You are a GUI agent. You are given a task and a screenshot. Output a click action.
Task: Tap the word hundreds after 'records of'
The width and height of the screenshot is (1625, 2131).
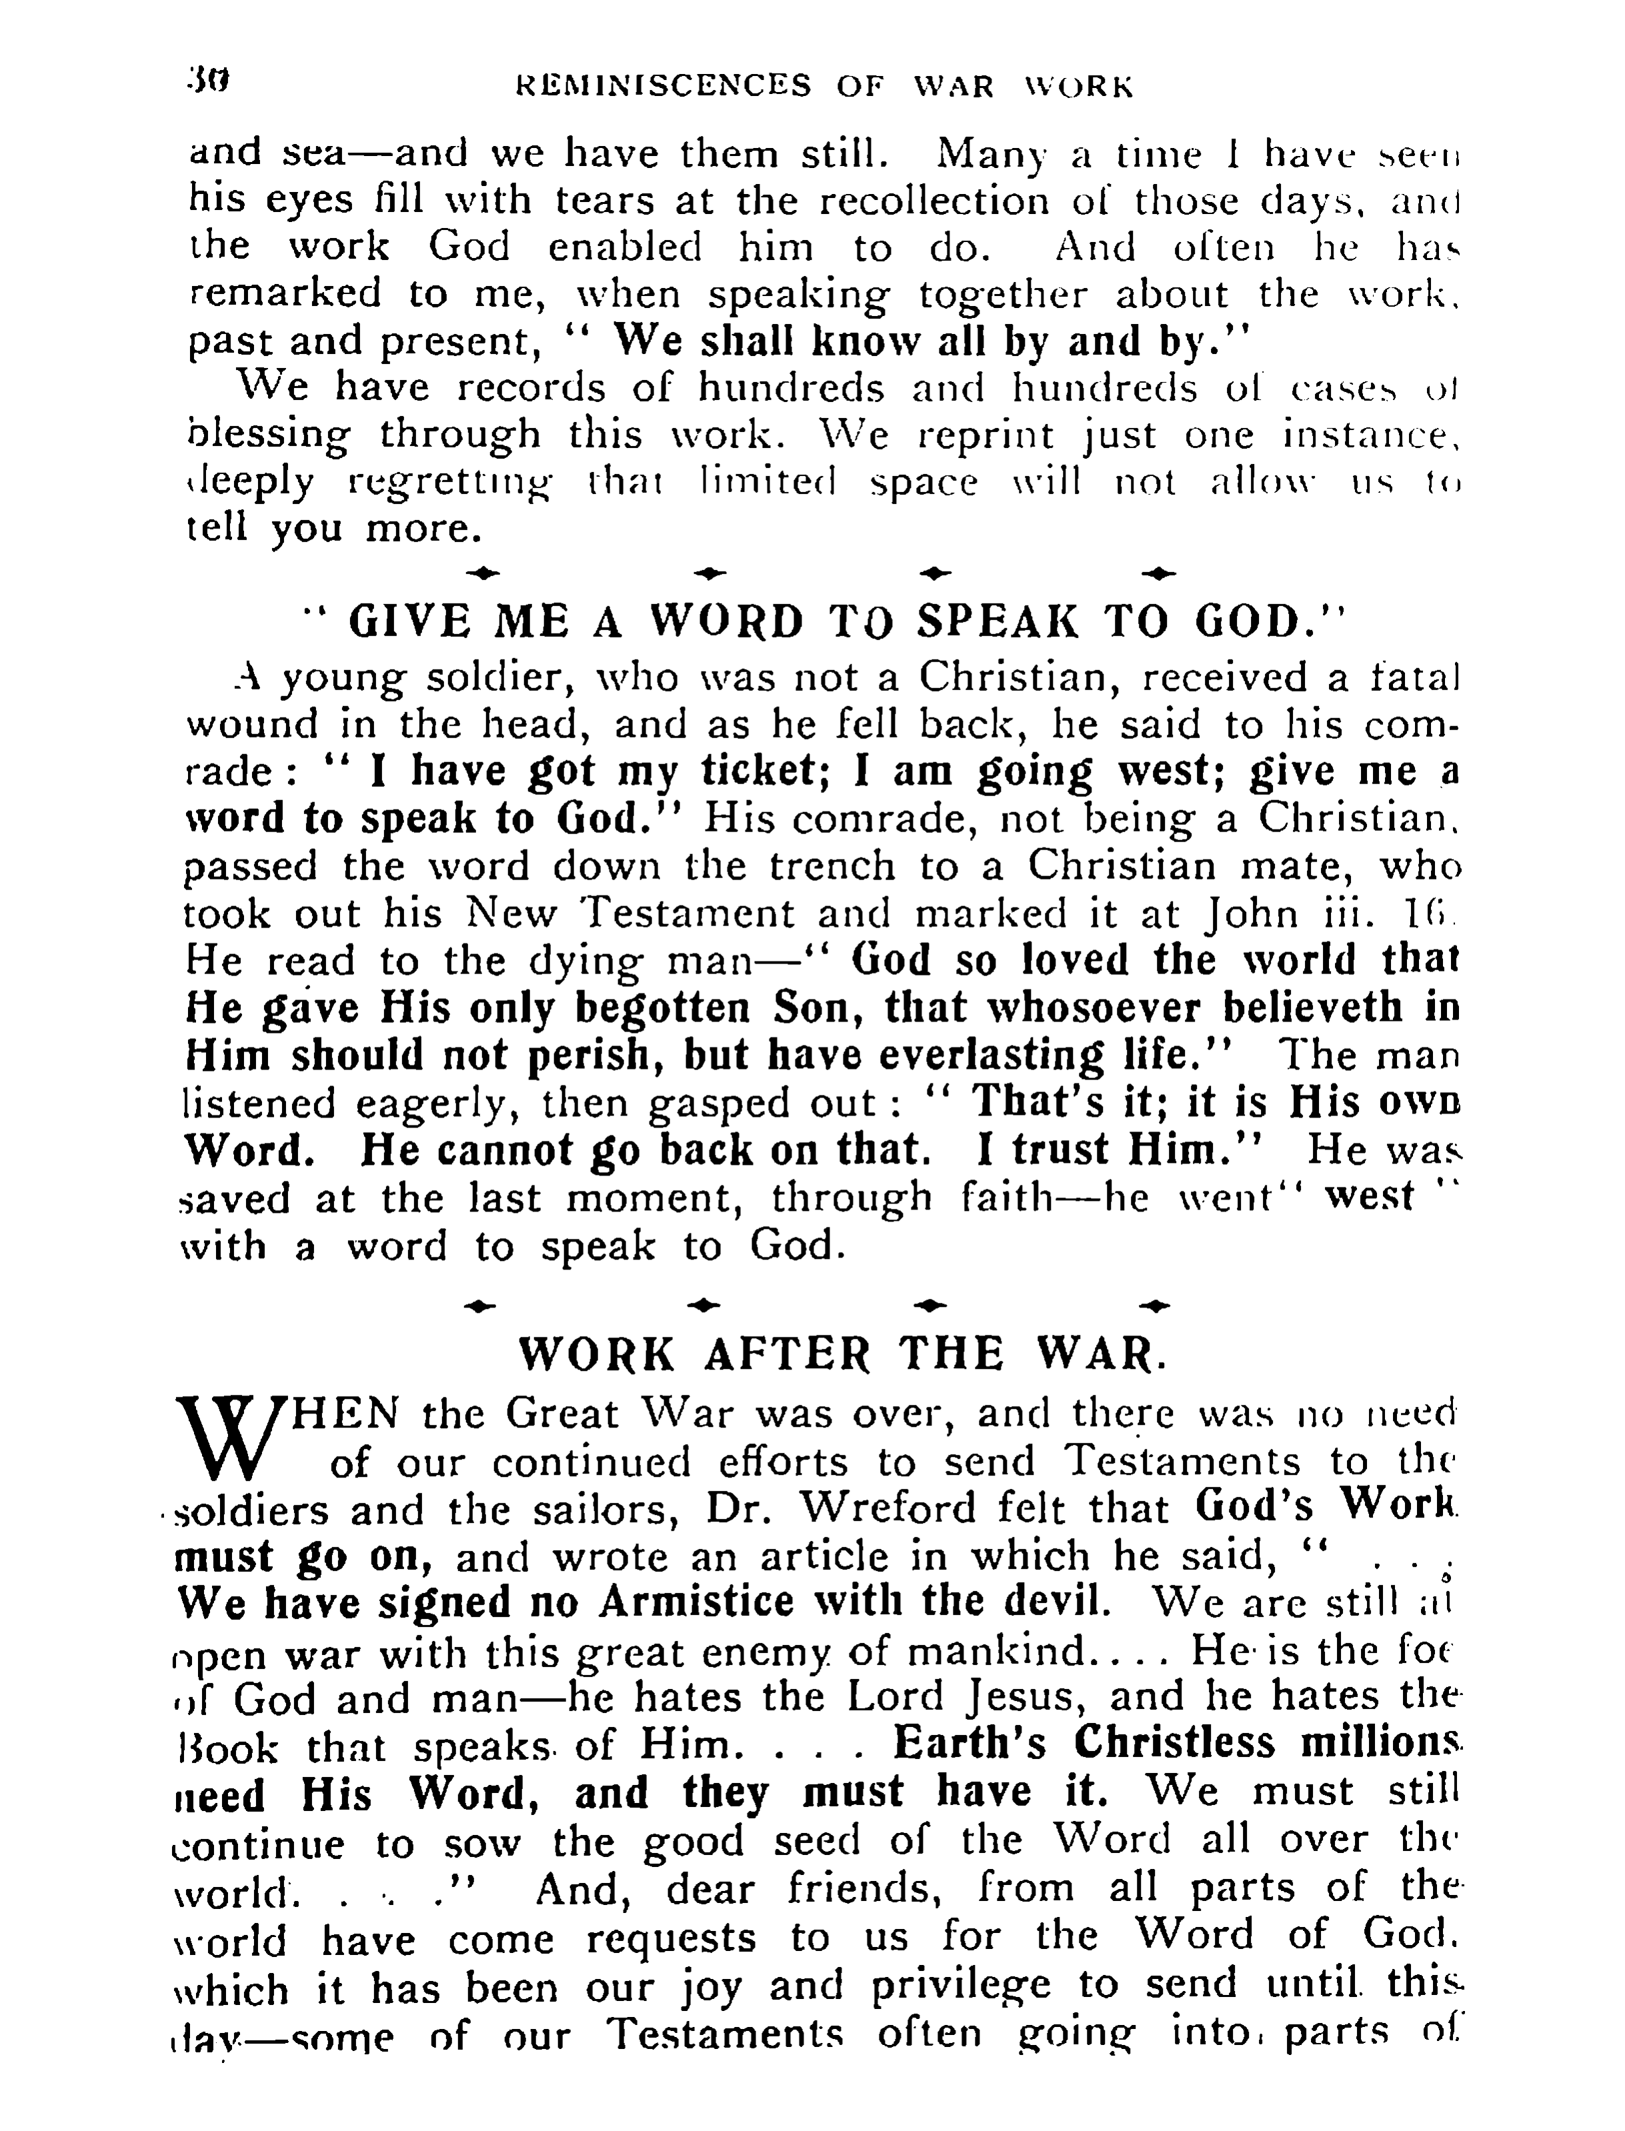790,388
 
